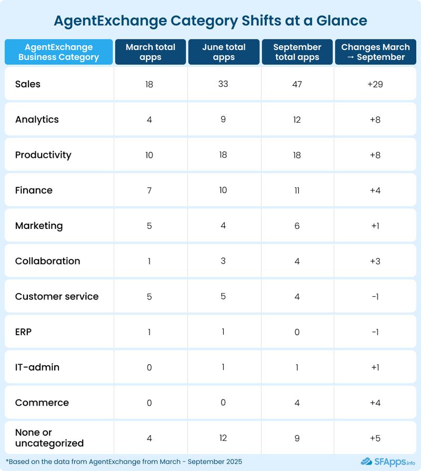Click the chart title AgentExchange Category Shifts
pos(210,21)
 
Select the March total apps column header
pos(151,52)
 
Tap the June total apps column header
pos(224,52)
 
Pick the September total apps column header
pos(297,52)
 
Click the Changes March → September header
pos(375,52)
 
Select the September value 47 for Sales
pos(297,84)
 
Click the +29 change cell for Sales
pos(375,84)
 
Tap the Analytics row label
pos(37,119)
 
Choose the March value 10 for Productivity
pos(149,155)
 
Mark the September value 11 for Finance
pos(297,190)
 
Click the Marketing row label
pos(39,226)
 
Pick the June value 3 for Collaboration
pos(223,261)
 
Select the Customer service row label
pos(57,296)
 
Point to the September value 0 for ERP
pos(297,332)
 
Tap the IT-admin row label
pos(37,367)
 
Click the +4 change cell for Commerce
pos(375,403)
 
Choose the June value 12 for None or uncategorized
pos(223,438)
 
